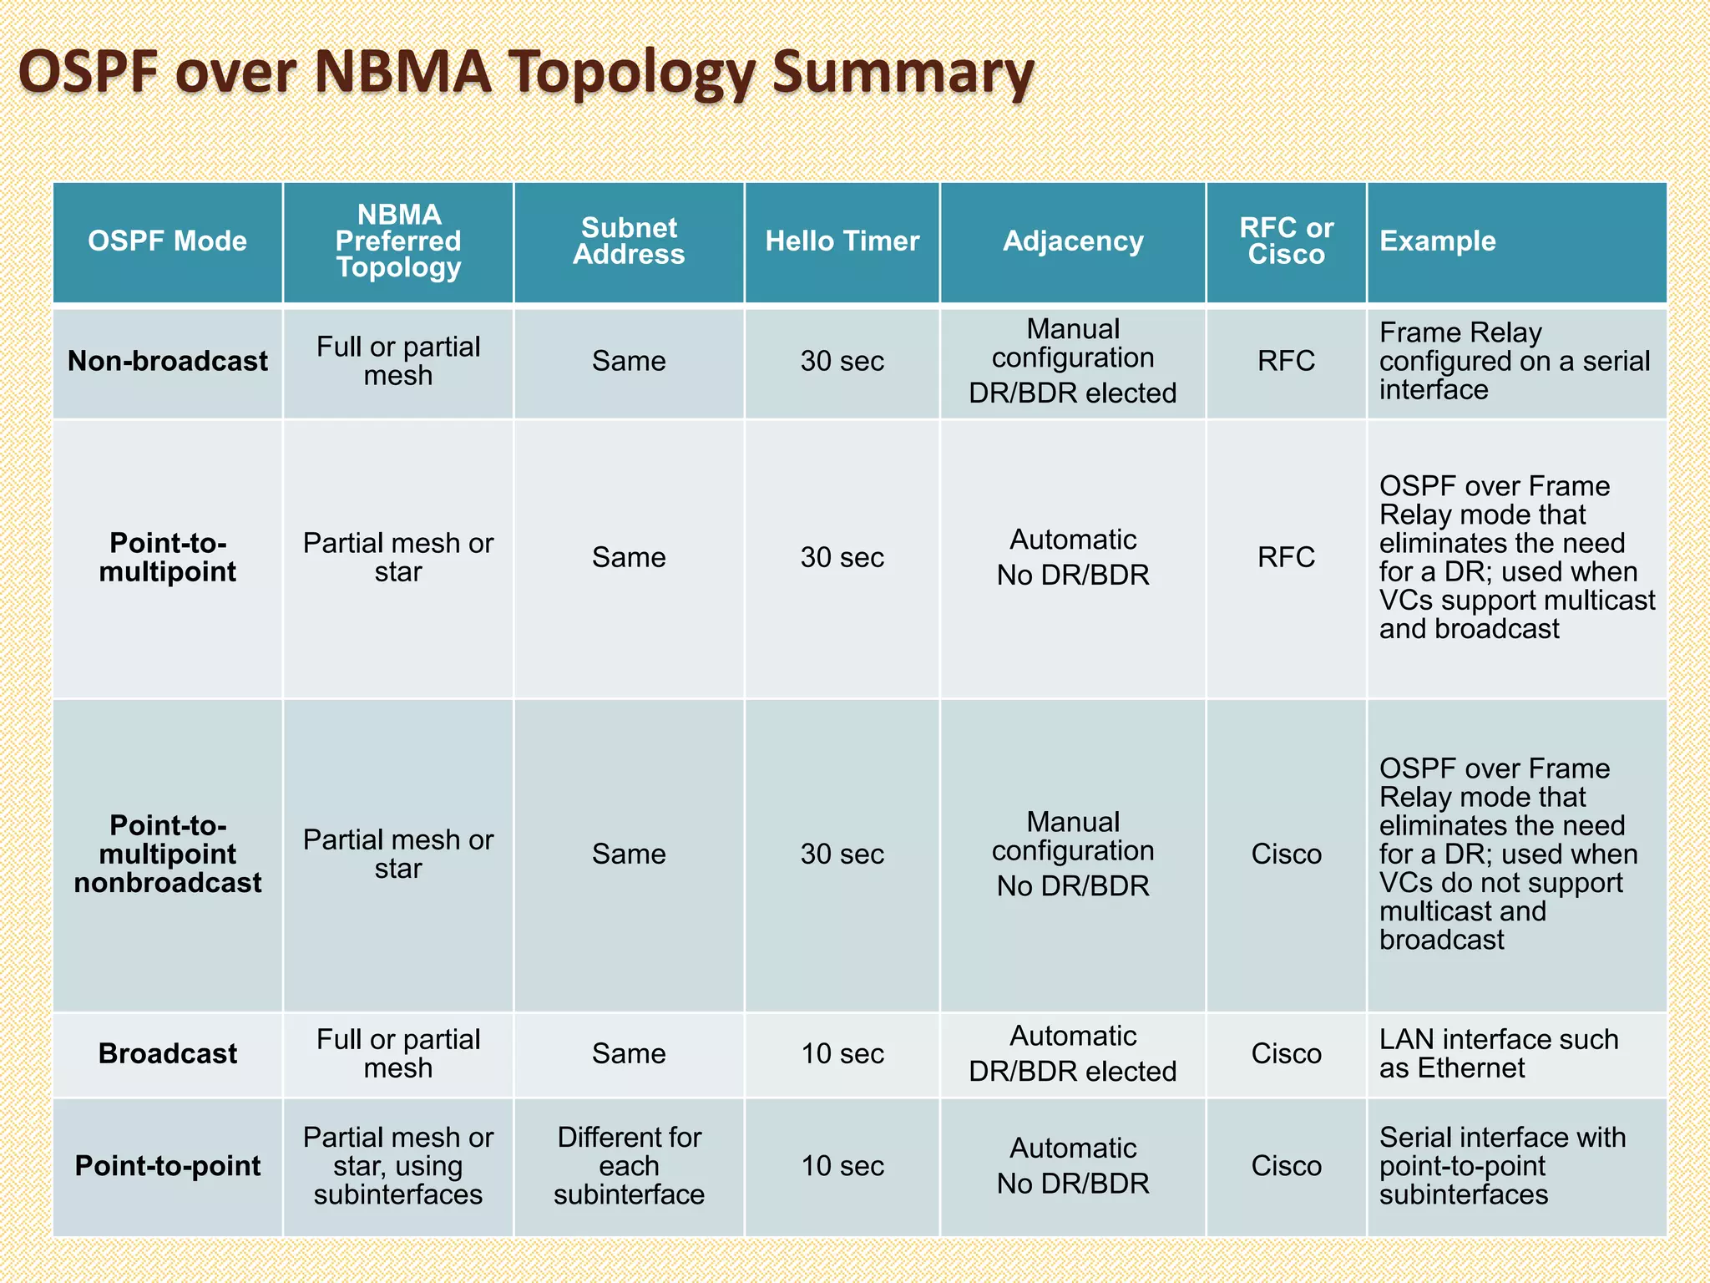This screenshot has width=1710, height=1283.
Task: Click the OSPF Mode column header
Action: click(167, 241)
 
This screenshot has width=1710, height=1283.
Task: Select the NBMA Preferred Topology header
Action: click(398, 241)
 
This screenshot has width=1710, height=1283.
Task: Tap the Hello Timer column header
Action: click(842, 241)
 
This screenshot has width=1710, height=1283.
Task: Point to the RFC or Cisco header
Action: click(1286, 241)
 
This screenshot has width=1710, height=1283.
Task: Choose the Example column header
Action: click(1437, 241)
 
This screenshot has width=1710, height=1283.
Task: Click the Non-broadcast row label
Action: click(167, 361)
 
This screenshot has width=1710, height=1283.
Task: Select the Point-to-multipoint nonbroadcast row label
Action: click(167, 854)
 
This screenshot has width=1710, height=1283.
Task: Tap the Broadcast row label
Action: click(167, 1053)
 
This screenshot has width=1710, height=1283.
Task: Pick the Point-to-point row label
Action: click(167, 1166)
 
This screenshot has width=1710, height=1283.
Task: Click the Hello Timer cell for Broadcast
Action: click(842, 1053)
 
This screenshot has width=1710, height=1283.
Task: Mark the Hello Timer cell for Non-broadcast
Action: click(842, 361)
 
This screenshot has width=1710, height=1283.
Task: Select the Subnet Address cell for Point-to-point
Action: click(629, 1166)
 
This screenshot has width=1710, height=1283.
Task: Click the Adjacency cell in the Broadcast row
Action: click(1073, 1053)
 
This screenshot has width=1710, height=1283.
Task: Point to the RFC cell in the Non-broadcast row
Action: click(1286, 361)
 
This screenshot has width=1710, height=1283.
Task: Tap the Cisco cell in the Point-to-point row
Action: click(1286, 1166)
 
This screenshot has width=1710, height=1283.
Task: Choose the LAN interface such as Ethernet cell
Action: click(1498, 1053)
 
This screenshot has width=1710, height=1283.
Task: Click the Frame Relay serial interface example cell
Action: click(1514, 361)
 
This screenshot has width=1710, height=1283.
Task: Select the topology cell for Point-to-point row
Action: click(398, 1166)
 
